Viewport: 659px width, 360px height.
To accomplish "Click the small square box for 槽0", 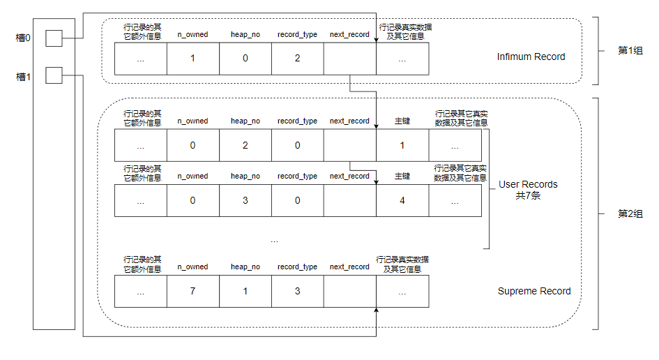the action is coord(54,38).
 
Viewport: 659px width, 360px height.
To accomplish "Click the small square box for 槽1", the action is coord(54,75).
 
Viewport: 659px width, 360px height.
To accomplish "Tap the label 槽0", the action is coord(23,38).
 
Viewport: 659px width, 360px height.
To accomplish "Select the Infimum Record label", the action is coord(531,57).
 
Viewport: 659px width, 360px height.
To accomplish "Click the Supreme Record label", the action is coord(534,291).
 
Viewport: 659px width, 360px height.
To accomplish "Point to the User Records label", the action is coord(528,184).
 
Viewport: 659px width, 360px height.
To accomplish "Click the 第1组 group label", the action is coord(630,50).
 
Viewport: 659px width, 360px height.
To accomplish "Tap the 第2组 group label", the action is coord(630,213).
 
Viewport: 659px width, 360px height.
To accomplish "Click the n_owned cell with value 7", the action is coord(193,291).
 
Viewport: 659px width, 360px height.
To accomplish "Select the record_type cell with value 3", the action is coord(298,291).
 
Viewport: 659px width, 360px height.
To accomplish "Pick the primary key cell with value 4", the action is coord(402,201).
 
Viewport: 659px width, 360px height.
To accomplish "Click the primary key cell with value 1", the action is coord(402,145).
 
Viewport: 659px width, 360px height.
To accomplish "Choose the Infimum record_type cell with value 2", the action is coord(298,59).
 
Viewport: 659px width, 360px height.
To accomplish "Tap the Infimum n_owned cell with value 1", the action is coord(193,59).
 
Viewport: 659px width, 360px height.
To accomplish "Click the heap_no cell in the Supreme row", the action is coord(245,291).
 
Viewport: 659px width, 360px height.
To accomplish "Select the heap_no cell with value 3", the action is coord(245,201).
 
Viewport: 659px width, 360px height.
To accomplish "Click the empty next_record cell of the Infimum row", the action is coord(350,59).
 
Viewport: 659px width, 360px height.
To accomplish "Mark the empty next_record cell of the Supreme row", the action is coord(350,291).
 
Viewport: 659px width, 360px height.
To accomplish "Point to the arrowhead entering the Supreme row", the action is coord(376,310).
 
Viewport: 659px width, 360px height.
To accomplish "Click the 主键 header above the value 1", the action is coord(402,121).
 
